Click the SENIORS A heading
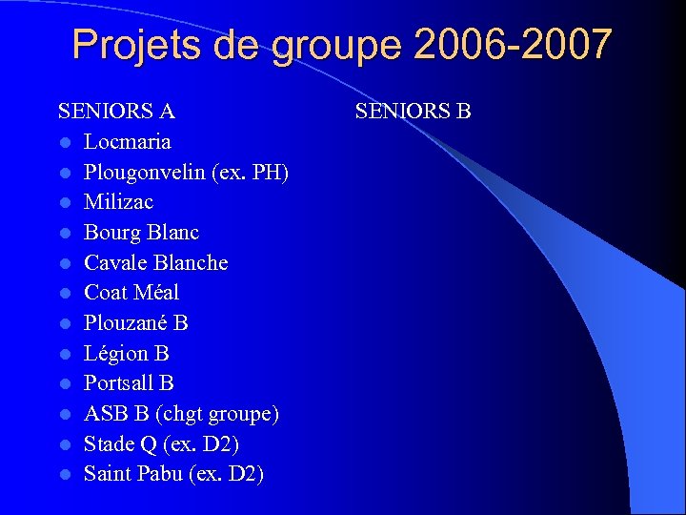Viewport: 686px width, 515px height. coord(116,111)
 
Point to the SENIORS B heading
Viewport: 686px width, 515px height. coord(414,111)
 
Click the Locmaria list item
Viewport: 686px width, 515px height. coord(128,141)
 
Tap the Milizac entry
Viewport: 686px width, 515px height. coord(118,201)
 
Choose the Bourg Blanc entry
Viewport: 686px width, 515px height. coord(141,232)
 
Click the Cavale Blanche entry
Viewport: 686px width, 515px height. coord(155,262)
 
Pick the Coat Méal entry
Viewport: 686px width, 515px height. coord(131,292)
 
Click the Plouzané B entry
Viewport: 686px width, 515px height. coord(136,322)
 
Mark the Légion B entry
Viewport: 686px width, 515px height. coord(127,353)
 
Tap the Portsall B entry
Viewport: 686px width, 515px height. coord(129,382)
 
